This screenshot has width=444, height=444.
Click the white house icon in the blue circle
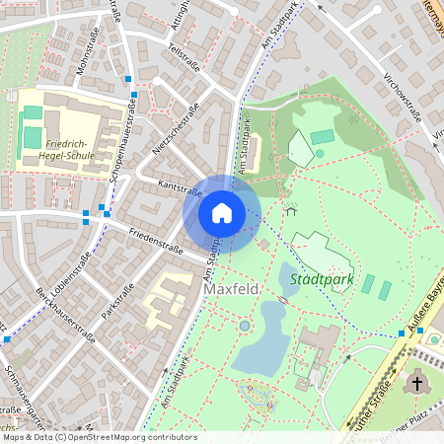tap(221, 213)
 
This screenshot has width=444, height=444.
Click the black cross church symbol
tap(417, 383)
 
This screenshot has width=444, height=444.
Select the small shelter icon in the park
tap(290, 209)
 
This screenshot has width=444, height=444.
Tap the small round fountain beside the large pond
tap(245, 326)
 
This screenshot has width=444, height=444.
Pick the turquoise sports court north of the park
tap(323, 137)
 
